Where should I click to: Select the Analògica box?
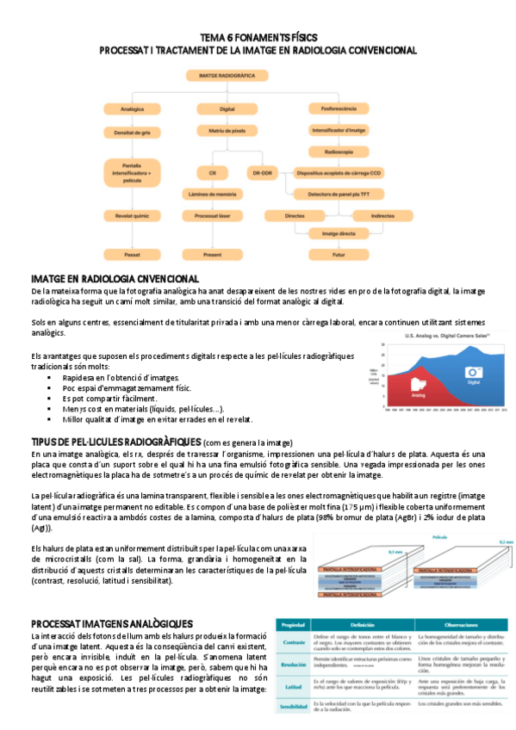pos(132,109)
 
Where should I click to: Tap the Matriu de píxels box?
pos(227,131)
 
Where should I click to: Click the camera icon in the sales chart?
pos(472,373)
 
